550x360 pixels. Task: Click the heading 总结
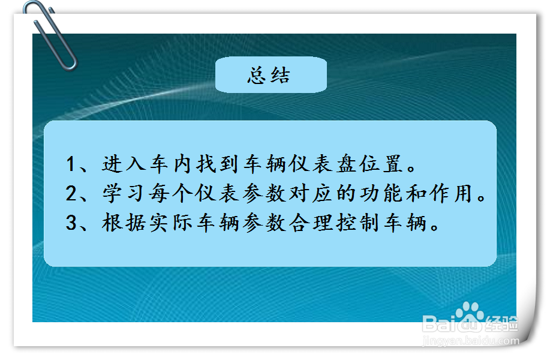(269, 76)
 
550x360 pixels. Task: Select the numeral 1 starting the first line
(72, 164)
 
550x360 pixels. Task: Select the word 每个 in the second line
(170, 194)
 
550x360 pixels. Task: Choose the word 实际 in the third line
(170, 224)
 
